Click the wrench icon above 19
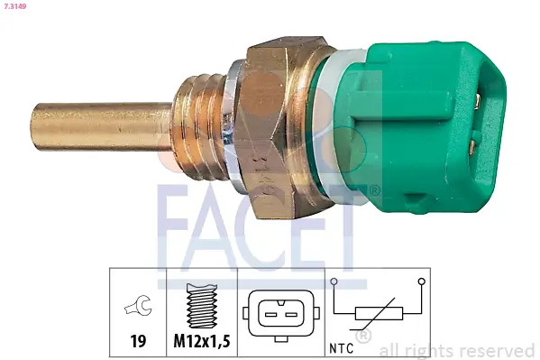tap(138, 309)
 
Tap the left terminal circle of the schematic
tap(335, 282)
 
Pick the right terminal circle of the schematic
tap(421, 282)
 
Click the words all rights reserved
tap(457, 350)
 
